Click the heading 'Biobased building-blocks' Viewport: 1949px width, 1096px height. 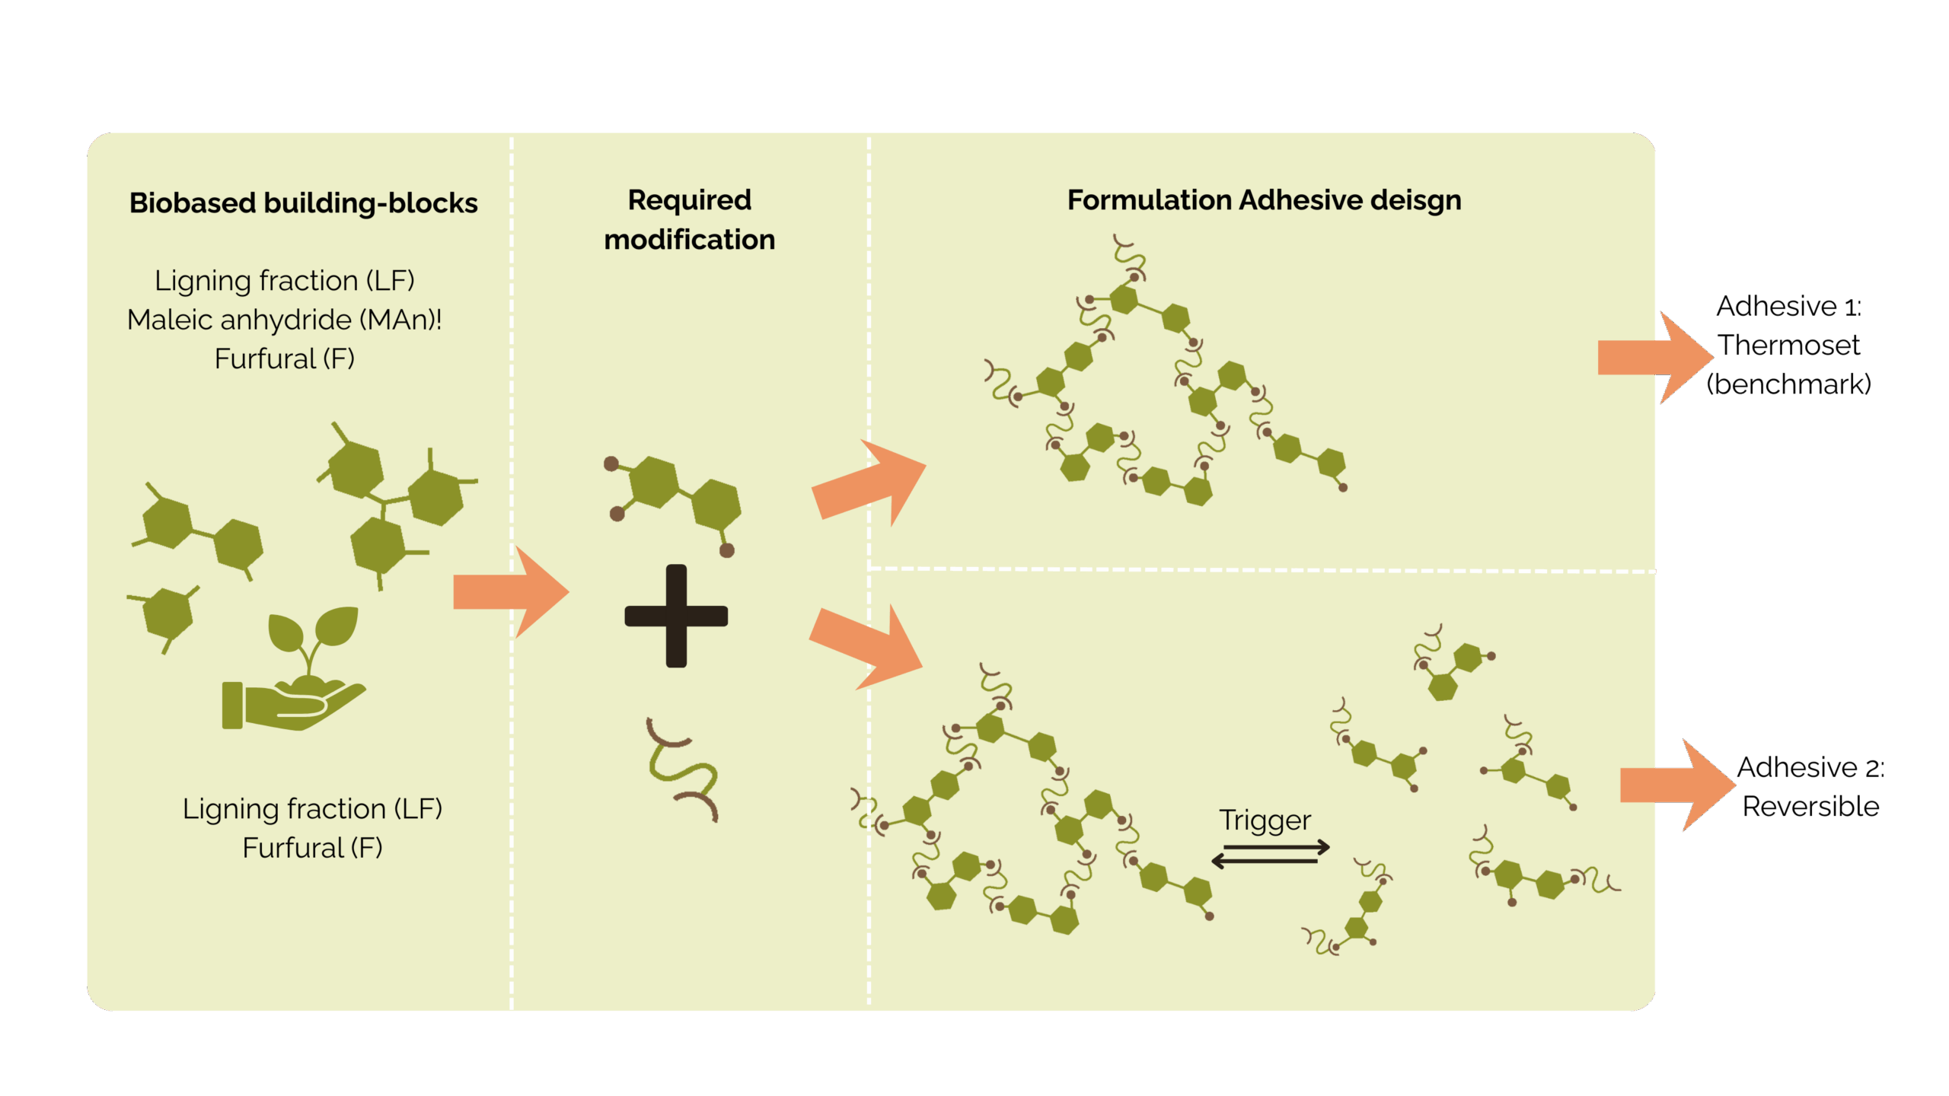303,203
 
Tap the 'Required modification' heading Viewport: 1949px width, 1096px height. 689,220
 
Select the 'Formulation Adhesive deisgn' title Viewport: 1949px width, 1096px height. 1264,200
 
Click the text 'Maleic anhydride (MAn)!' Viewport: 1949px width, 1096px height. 284,320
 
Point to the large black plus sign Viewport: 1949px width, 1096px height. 676,616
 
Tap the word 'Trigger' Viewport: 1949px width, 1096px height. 1265,820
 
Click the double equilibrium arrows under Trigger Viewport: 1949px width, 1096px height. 1270,854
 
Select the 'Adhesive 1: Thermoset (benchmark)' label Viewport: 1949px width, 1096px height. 1788,346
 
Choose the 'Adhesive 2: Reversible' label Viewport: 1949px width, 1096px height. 1810,787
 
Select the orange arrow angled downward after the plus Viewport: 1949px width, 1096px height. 868,645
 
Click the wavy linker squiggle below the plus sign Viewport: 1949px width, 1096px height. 681,769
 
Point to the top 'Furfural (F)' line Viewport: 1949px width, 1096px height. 284,359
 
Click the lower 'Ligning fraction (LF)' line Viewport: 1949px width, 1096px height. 312,809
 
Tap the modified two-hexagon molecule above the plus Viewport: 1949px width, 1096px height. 674,499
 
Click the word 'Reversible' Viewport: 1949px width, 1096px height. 1810,807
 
